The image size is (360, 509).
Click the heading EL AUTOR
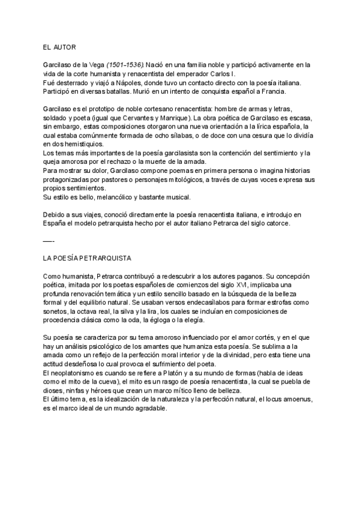click(x=59, y=47)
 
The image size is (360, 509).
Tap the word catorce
click(x=274, y=223)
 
